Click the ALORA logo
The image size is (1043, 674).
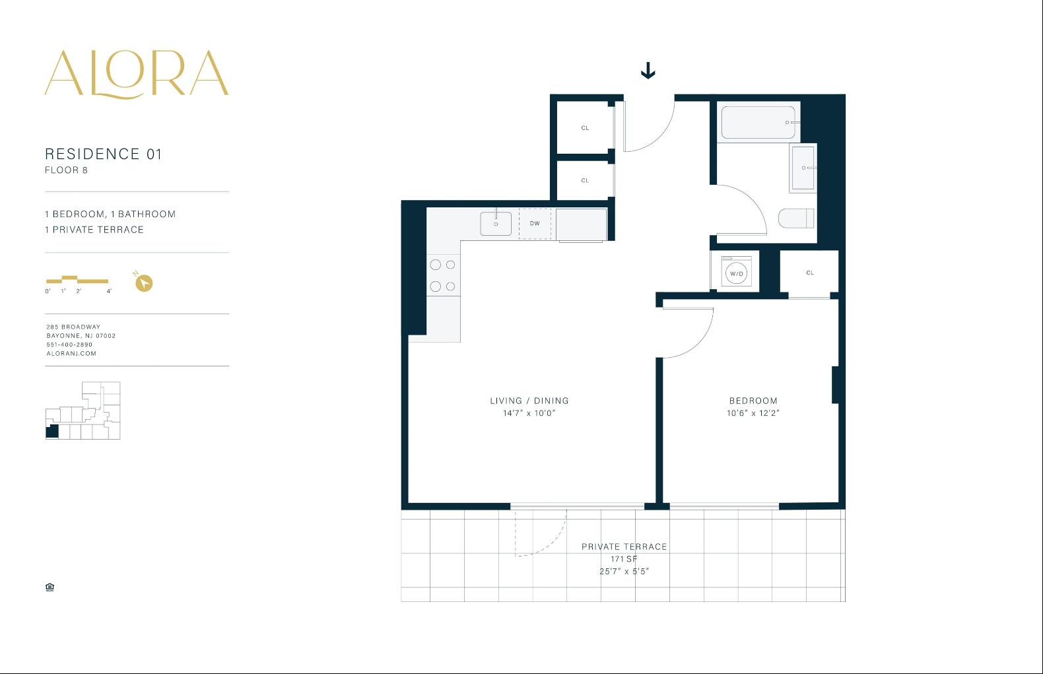[x=137, y=74]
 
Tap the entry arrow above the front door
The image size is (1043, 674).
[x=648, y=71]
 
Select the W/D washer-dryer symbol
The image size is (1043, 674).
[x=736, y=273]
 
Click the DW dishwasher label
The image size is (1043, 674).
[x=535, y=224]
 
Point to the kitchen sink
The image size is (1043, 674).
[x=496, y=224]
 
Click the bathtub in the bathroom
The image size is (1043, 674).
[x=758, y=122]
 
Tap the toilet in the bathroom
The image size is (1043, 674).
[x=796, y=219]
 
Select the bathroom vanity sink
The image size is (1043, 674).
[x=803, y=168]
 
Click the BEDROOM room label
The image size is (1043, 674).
[x=753, y=401]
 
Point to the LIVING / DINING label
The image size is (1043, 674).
[x=529, y=401]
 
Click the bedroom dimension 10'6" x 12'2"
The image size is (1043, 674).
[x=753, y=413]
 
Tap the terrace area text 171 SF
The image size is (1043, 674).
[x=624, y=559]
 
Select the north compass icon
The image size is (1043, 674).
[x=143, y=283]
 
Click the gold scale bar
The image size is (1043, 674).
[x=77, y=279]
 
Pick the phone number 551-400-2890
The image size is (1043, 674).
[x=69, y=345]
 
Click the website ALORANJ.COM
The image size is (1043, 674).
[x=71, y=354]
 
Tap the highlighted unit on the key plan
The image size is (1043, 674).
[x=52, y=432]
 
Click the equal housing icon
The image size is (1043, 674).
[x=50, y=587]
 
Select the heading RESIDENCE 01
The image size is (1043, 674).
[x=103, y=154]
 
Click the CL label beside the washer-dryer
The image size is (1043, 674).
[x=810, y=273]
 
